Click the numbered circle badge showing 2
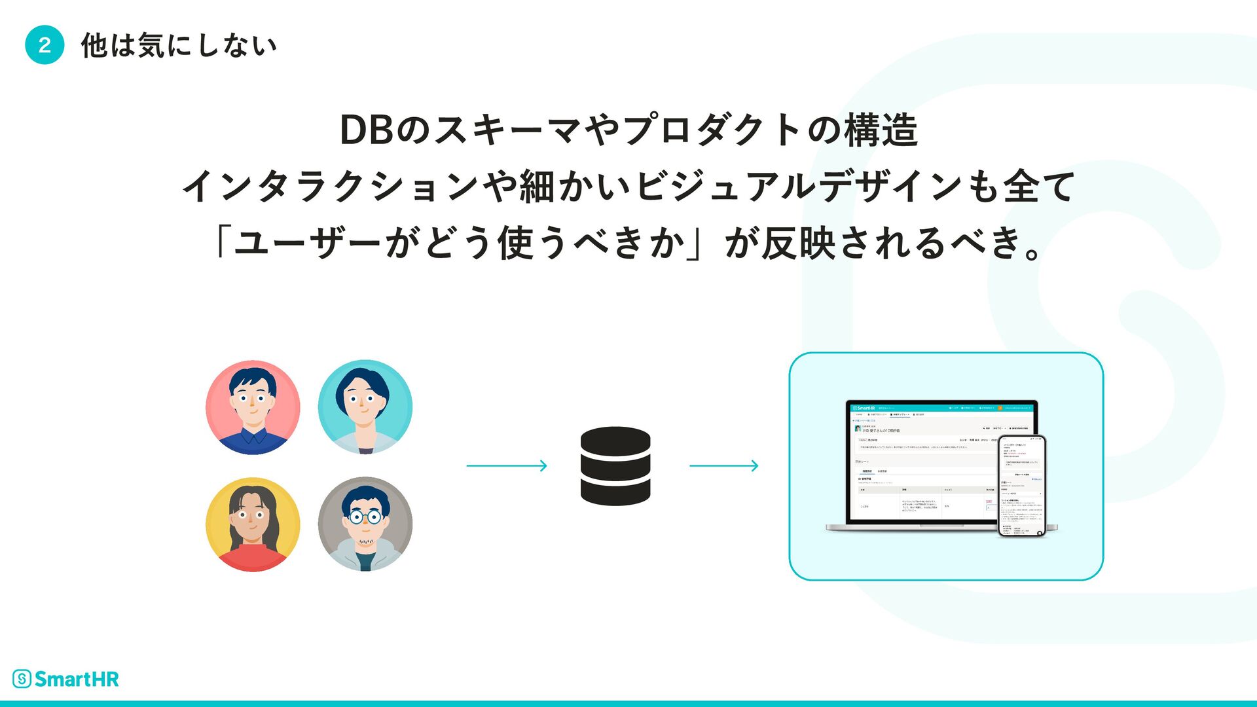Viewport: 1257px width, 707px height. point(45,45)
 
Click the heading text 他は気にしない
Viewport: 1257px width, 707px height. point(179,46)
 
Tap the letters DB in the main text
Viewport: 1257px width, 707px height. point(366,130)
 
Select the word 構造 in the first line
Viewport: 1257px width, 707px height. point(881,130)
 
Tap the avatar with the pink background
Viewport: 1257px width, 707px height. point(253,407)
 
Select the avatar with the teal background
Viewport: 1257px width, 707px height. point(365,407)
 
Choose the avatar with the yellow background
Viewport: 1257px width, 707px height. point(253,524)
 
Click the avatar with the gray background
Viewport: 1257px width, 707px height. point(365,524)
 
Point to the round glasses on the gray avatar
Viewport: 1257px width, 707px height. point(365,517)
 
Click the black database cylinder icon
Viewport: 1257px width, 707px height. point(615,466)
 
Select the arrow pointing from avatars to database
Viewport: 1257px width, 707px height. point(507,466)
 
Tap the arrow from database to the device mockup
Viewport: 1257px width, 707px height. point(724,466)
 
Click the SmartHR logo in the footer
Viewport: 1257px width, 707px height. point(65,679)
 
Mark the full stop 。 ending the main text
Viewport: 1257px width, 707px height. point(1032,252)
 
